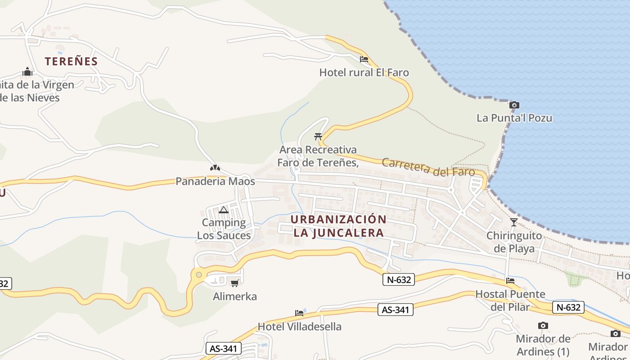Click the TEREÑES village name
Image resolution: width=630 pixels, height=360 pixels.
pyautogui.click(x=71, y=61)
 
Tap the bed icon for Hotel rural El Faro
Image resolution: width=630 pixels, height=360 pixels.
pyautogui.click(x=364, y=59)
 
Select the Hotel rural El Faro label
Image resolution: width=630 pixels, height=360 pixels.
pyautogui.click(x=364, y=72)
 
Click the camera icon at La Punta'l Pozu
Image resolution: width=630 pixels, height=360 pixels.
pyautogui.click(x=514, y=105)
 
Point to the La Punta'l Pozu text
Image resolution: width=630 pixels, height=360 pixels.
pyautogui.click(x=514, y=118)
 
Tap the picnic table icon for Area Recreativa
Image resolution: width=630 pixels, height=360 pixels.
pyautogui.click(x=318, y=136)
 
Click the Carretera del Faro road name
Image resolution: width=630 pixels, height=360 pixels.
pyautogui.click(x=428, y=167)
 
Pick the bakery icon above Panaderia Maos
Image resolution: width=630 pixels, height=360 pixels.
pyautogui.click(x=215, y=168)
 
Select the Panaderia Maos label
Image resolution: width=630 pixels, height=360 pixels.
pyautogui.click(x=215, y=181)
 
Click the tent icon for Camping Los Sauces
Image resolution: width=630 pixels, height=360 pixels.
pyautogui.click(x=224, y=210)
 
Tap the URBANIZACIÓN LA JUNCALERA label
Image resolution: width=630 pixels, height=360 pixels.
pyautogui.click(x=338, y=226)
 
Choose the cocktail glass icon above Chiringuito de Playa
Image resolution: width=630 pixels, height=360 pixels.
pyautogui.click(x=514, y=222)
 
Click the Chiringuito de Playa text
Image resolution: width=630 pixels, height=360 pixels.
pyautogui.click(x=514, y=242)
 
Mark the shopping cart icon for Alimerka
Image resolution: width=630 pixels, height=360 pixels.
pyautogui.click(x=234, y=283)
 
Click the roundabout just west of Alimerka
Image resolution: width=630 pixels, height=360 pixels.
pyautogui.click(x=198, y=274)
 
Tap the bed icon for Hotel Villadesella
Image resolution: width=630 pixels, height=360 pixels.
pyautogui.click(x=299, y=313)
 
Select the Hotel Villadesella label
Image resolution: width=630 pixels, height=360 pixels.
pyautogui.click(x=299, y=326)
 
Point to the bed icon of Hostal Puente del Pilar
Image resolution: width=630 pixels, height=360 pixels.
pyautogui.click(x=510, y=281)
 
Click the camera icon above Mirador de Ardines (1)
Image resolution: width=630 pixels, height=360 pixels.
pyautogui.click(x=543, y=325)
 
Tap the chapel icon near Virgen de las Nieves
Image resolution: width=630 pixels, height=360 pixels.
pyautogui.click(x=27, y=72)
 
